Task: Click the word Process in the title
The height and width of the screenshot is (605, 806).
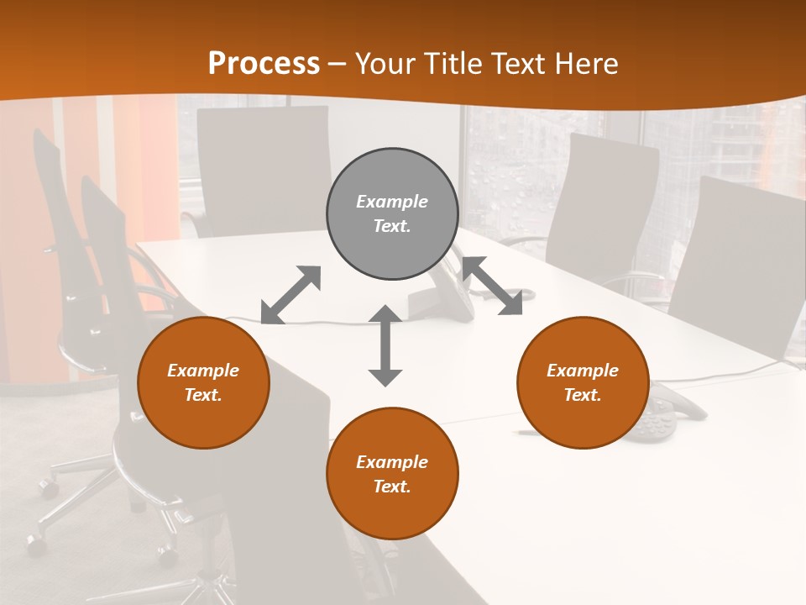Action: [264, 64]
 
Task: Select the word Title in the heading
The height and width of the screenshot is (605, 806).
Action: [457, 64]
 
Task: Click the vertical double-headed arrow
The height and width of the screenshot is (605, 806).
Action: [385, 345]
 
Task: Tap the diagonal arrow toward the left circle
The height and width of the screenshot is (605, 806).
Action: [291, 295]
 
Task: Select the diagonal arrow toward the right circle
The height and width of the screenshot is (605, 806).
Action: [493, 286]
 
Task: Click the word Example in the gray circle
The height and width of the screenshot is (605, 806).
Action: [392, 202]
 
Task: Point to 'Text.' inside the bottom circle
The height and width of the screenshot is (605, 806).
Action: [392, 487]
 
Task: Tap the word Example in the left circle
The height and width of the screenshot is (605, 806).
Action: [203, 371]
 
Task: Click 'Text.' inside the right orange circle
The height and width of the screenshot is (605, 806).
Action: [583, 395]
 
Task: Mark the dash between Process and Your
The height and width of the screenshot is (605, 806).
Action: [338, 65]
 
